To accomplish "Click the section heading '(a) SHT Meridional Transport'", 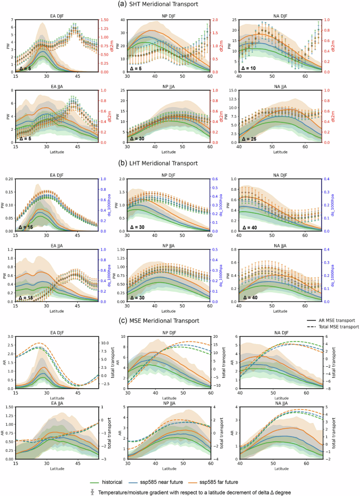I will [x=180, y=5].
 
